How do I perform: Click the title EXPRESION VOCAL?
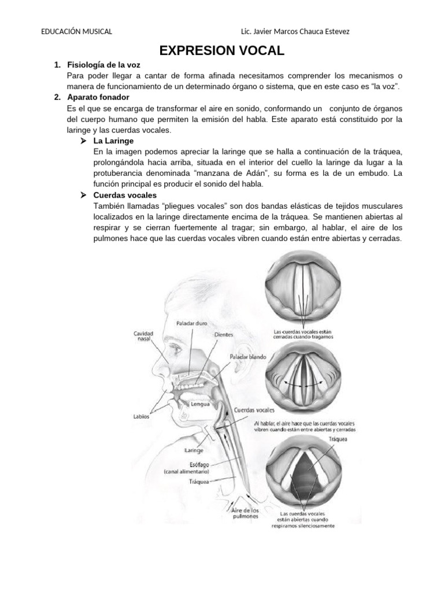[222, 50]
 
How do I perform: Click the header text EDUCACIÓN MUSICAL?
[77, 31]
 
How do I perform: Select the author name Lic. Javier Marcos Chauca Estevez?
[294, 31]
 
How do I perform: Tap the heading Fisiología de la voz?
[103, 65]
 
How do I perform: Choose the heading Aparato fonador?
[98, 97]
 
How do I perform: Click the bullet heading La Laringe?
[113, 140]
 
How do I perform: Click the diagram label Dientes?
[224, 335]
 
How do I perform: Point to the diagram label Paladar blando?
[247, 357]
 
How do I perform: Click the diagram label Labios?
[141, 416]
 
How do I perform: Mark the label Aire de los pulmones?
[245, 513]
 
